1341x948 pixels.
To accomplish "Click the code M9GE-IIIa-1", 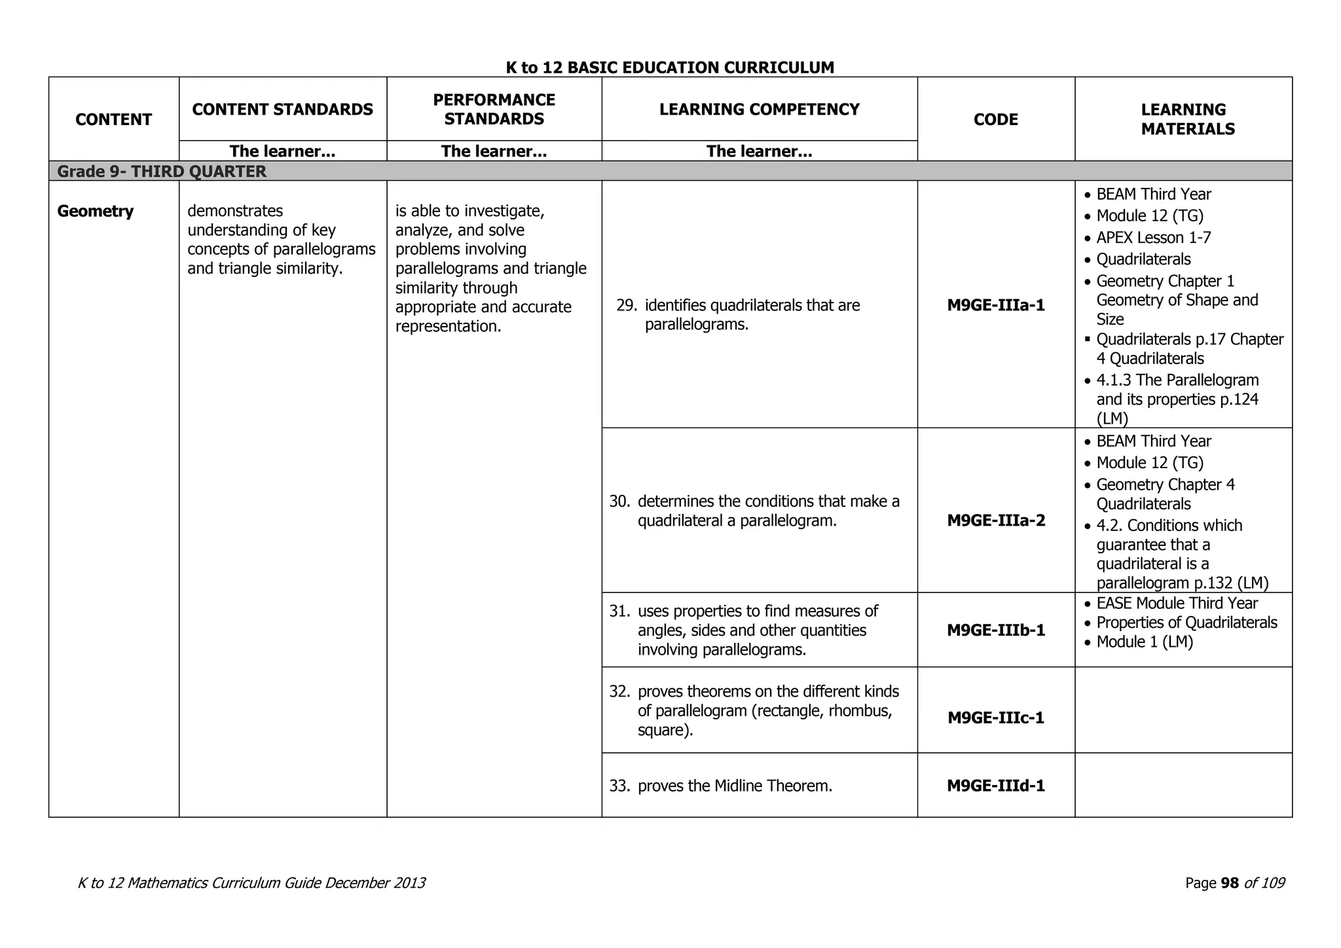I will coord(996,305).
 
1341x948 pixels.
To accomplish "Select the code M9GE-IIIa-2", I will coord(996,520).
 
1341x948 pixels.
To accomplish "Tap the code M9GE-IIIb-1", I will coord(996,630).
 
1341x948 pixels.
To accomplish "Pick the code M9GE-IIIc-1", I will coord(996,718).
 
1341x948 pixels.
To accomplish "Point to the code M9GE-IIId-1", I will coord(996,786).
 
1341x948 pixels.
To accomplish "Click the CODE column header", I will coord(996,120).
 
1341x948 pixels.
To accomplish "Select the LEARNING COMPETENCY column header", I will coord(759,109).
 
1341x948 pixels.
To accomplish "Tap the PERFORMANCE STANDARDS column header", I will coord(494,109).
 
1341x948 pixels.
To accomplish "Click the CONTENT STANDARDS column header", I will coord(283,109).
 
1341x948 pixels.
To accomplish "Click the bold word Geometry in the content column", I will coord(96,211).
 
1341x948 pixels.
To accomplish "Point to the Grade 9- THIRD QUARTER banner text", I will coord(162,172).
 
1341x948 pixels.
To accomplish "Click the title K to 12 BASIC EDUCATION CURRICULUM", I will coord(670,67).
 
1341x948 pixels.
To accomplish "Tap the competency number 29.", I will coord(627,306).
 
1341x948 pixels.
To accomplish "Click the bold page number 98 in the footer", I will coord(1230,883).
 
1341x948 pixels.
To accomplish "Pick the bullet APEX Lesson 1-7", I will coord(1153,238).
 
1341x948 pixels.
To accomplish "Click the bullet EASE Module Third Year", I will coord(1177,603).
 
